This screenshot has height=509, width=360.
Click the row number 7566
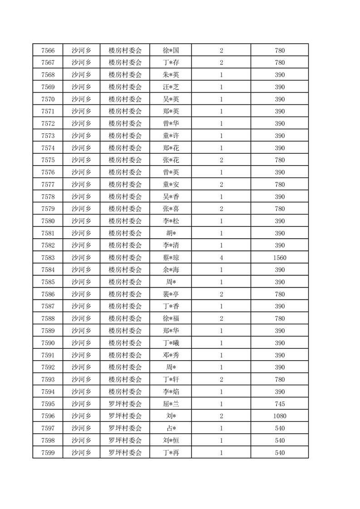[x=48, y=50]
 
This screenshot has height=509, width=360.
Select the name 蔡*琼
[x=171, y=258]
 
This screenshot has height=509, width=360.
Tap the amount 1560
[x=280, y=258]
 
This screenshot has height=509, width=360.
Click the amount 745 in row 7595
[x=280, y=404]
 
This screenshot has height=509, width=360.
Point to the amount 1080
[x=280, y=416]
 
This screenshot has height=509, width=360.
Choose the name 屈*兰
[x=171, y=404]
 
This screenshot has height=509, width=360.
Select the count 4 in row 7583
[x=221, y=258]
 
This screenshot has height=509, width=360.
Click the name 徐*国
[x=171, y=50]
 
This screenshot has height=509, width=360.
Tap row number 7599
[x=48, y=452]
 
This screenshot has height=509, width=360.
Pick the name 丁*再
[x=171, y=452]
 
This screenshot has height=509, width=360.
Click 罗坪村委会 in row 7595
[x=125, y=404]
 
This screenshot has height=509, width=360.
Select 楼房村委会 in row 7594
[x=125, y=392]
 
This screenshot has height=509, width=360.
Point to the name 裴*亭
[x=171, y=294]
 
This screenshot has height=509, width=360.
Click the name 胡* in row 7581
[x=171, y=233]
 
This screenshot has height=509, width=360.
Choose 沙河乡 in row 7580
[x=81, y=221]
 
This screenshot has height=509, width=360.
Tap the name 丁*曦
[x=171, y=343]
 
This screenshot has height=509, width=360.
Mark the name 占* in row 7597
[x=171, y=428]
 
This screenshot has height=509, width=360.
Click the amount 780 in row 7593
[x=280, y=379]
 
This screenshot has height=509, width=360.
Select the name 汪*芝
[x=171, y=87]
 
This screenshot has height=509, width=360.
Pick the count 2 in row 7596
[x=221, y=416]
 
